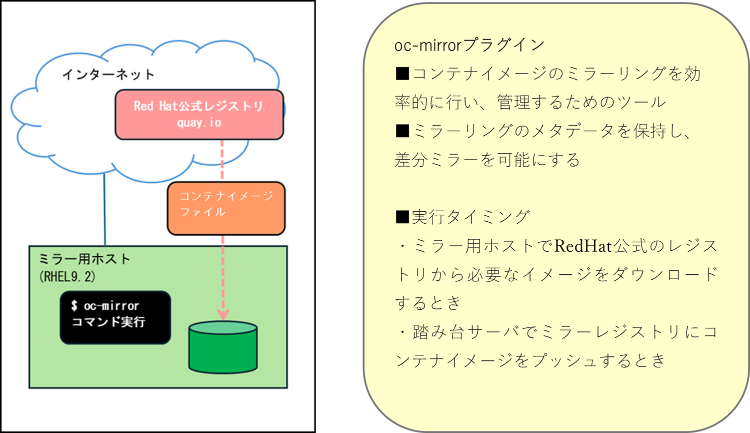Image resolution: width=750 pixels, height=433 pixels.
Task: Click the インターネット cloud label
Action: point(108,75)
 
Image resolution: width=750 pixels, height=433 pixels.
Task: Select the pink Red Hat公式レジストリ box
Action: point(199,114)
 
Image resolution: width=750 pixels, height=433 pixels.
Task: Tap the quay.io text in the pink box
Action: point(199,123)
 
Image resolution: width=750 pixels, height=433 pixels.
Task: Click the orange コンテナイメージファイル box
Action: point(226,208)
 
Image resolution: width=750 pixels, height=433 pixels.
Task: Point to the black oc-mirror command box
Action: point(115,317)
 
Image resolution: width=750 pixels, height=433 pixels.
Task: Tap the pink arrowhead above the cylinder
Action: point(223,314)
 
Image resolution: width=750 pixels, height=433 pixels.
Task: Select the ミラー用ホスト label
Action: point(84,259)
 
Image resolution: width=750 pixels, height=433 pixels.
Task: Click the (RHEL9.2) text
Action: point(67,276)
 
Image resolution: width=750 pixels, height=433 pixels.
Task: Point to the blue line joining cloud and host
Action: point(105,210)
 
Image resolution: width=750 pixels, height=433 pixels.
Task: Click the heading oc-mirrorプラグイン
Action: point(469,45)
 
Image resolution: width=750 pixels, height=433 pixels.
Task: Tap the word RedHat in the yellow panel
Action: point(583,246)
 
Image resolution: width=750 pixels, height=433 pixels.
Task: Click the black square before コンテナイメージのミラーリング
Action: point(402,74)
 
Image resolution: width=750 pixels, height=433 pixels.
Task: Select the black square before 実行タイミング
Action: point(402,217)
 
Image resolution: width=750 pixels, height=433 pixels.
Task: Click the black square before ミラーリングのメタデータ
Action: point(402,131)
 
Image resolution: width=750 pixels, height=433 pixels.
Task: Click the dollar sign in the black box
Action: point(74,305)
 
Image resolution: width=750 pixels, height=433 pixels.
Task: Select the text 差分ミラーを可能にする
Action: point(487,160)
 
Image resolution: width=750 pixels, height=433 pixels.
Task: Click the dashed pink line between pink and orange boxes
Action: point(222,160)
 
